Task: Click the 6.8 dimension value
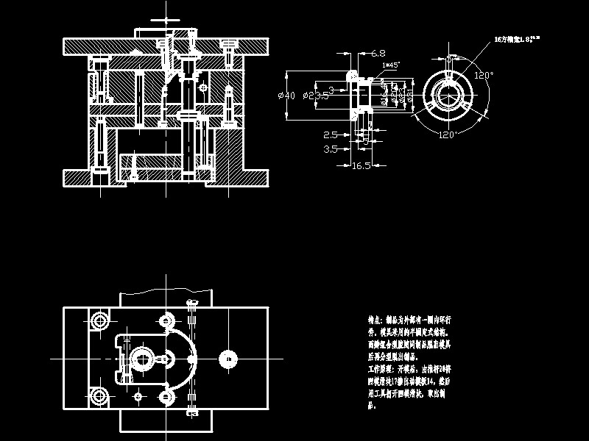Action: [x=378, y=53]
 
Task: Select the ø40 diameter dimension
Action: [x=286, y=96]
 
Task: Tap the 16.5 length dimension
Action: [x=361, y=166]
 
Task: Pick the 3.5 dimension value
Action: [x=331, y=148]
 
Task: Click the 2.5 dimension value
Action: [x=331, y=135]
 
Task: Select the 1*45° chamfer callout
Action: [x=391, y=65]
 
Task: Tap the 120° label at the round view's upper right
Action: [x=483, y=75]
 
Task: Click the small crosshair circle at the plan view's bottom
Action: [x=138, y=396]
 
